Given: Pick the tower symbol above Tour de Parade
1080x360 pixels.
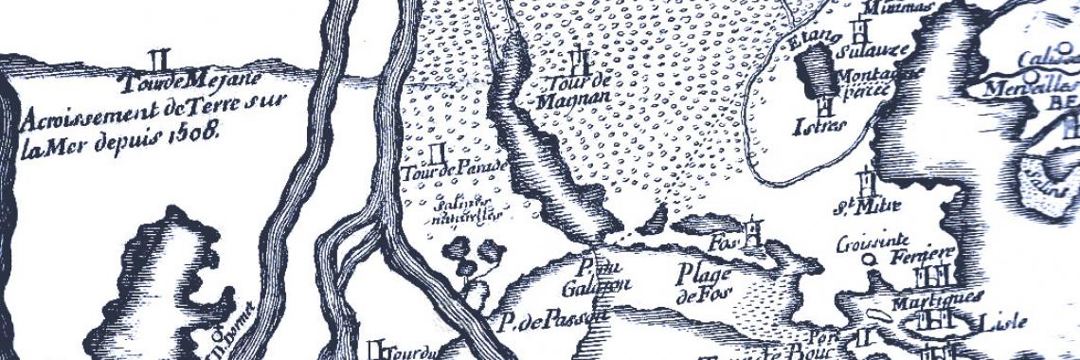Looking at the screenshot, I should pos(438,152).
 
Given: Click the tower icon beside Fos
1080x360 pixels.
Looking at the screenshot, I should pos(752,230).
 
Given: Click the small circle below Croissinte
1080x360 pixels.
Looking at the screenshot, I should pos(866,257).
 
